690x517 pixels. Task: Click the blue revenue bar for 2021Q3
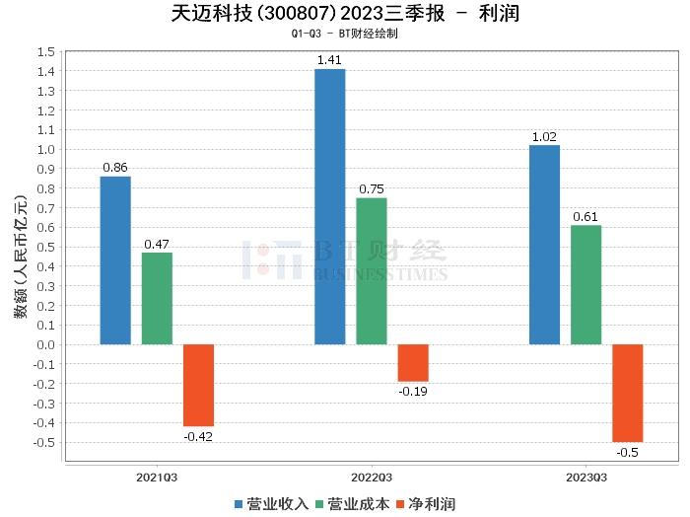click(115, 260)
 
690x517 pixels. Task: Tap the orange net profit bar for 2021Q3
click(198, 385)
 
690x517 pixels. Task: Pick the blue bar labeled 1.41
click(329, 207)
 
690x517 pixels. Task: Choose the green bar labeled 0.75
click(372, 271)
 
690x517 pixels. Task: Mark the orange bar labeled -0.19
click(413, 363)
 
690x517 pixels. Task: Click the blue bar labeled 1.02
click(544, 245)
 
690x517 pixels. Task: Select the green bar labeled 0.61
click(586, 285)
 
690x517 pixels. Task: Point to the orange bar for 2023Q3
click(627, 393)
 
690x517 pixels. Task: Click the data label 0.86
click(115, 168)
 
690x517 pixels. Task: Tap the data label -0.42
click(198, 435)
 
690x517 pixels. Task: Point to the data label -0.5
click(627, 451)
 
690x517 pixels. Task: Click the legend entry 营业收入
click(272, 504)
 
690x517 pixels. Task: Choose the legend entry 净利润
click(425, 504)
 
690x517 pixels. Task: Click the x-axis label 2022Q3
click(372, 477)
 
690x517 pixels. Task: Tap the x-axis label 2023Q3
click(586, 477)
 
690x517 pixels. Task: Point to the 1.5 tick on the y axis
click(45, 51)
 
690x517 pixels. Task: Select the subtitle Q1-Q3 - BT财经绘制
click(344, 34)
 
